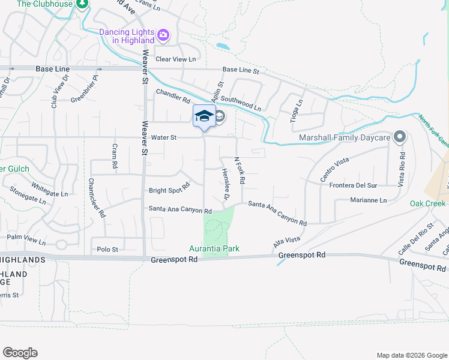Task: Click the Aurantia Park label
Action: (214, 248)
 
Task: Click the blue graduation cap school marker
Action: (204, 116)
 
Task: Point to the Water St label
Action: (163, 137)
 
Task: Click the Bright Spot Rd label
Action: (169, 191)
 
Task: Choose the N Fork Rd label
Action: (240, 170)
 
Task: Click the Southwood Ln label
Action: (241, 103)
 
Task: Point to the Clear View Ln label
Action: (176, 59)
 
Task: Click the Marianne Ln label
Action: (369, 200)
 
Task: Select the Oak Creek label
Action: (427, 203)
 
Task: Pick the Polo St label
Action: (107, 248)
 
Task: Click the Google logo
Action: (20, 353)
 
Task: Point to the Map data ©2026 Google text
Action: (411, 355)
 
